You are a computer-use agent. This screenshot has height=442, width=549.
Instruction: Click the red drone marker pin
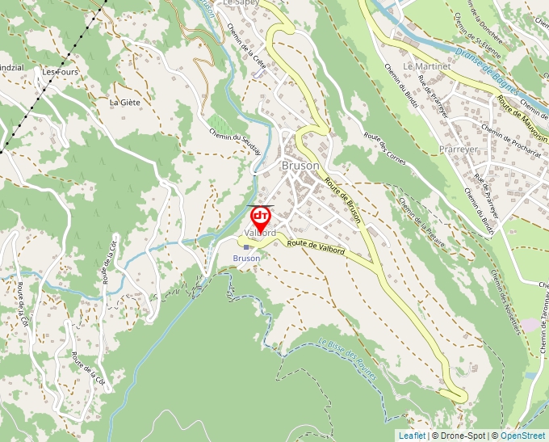[x=261, y=217]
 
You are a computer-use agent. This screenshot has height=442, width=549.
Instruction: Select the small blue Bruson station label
[x=247, y=259]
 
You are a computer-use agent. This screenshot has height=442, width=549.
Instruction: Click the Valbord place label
[x=260, y=233]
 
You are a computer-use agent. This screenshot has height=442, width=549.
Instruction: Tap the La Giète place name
[x=125, y=103]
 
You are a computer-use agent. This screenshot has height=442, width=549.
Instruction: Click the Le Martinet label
[x=426, y=65]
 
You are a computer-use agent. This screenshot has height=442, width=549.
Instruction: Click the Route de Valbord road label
[x=316, y=246]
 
